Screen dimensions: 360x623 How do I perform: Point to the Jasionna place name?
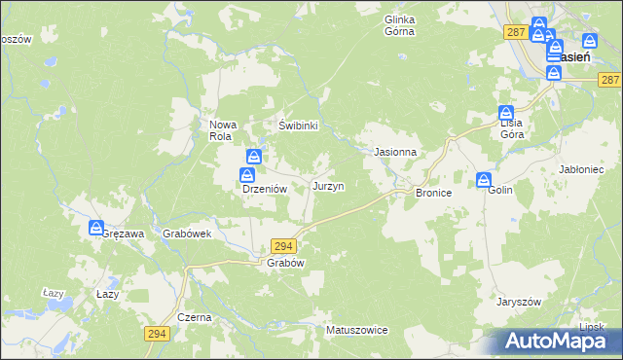click(x=396, y=153)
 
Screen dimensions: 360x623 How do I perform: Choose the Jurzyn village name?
click(x=327, y=185)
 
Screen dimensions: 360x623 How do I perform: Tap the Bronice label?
click(x=433, y=194)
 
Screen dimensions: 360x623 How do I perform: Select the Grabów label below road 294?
click(x=286, y=264)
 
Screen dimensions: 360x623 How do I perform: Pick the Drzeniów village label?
click(x=262, y=191)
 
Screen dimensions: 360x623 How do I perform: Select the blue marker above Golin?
click(x=484, y=179)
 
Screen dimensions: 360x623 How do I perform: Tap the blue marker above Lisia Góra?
click(x=506, y=112)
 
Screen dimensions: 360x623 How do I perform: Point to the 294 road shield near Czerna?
click(x=156, y=334)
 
